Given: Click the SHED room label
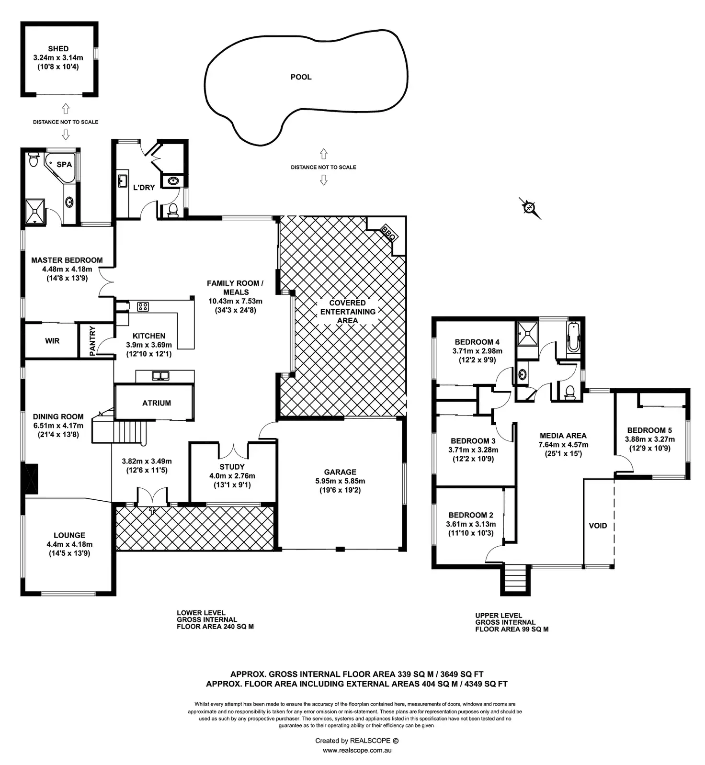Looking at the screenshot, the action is pos(58,49).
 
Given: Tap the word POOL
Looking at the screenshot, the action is pos(301,77).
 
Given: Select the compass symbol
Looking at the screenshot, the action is pos(529,208).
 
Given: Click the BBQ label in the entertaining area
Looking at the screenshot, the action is pos(388,233).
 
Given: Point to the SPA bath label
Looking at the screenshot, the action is pos(64,165).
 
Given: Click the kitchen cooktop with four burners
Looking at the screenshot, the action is pos(143,306).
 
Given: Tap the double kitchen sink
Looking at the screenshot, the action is pos(160,376).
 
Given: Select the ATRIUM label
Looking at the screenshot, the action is pos(156,403).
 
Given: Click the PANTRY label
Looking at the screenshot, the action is pos(92,340).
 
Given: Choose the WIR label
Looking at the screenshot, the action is pos(52,341).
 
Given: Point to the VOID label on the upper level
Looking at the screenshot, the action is pos(598,526).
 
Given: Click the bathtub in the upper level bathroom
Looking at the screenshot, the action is pos(573,337).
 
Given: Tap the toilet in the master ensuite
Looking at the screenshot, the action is pos(33,159).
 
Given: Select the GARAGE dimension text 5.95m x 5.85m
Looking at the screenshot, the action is pos(340,481).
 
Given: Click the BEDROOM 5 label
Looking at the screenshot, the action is pos(649,430).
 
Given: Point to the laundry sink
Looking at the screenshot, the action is pos(122,180).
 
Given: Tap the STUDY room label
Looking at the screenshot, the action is pos(232,467).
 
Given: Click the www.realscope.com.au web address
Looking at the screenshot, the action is pos(357,750).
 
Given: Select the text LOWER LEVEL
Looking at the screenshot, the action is pos(201,613).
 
